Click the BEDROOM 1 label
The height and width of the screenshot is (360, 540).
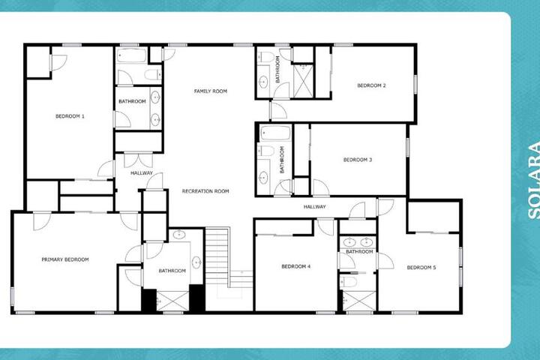(70, 116)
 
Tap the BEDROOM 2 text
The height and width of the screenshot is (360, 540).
(371, 85)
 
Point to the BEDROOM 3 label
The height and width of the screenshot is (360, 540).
(358, 160)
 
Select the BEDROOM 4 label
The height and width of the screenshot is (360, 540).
(296, 266)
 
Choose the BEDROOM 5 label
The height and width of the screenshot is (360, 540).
(421, 267)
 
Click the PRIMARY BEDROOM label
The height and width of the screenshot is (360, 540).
(65, 259)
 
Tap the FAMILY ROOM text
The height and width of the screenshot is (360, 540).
(211, 91)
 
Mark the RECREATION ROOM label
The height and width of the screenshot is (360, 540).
(205, 191)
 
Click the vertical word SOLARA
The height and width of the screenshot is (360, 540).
(533, 180)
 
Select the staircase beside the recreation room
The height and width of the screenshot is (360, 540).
(217, 256)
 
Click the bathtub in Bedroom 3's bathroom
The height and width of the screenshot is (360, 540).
(275, 133)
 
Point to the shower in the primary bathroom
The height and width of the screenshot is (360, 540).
(172, 301)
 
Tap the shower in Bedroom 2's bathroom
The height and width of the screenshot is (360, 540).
(303, 80)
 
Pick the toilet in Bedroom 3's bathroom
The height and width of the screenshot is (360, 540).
(266, 151)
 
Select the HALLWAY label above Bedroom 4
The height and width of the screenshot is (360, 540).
(314, 207)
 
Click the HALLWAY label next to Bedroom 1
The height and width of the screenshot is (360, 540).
(142, 173)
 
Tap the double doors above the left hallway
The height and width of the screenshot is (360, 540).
(138, 160)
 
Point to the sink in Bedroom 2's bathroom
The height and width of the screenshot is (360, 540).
(263, 82)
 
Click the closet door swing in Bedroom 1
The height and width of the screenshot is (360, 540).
(58, 63)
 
